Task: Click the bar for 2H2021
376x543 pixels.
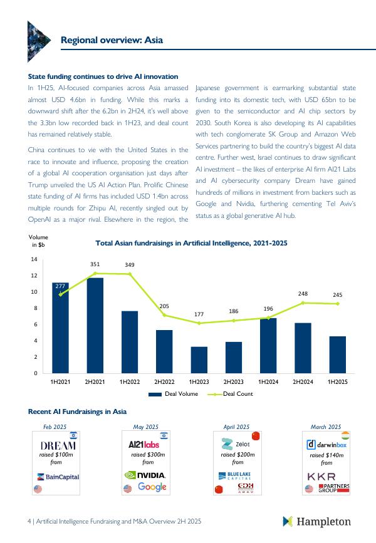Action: pyautogui.click(x=95, y=326)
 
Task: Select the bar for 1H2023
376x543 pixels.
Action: pyautogui.click(x=199, y=359)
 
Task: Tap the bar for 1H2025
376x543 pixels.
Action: pyautogui.click(x=338, y=354)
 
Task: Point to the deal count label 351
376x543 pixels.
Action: pyautogui.click(x=95, y=265)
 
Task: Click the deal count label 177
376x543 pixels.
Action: pyautogui.click(x=199, y=314)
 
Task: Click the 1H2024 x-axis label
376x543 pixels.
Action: pyautogui.click(x=268, y=381)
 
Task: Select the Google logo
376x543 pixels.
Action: pyautogui.click(x=152, y=487)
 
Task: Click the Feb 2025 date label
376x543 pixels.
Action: pyautogui.click(x=55, y=427)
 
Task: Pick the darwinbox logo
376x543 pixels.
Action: pyautogui.click(x=326, y=445)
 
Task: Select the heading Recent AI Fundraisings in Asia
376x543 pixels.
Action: pyautogui.click(x=77, y=411)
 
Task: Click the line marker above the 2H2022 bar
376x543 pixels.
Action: pyautogui.click(x=164, y=315)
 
